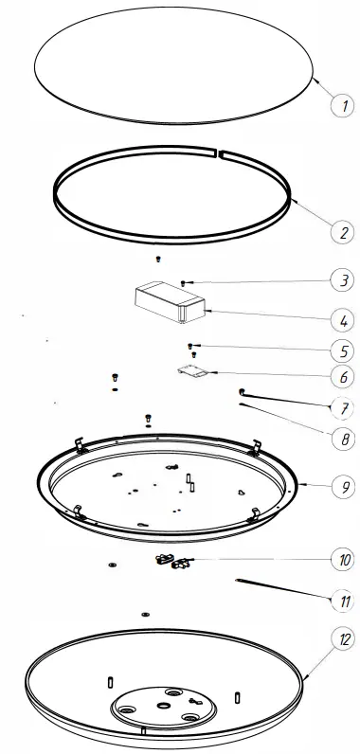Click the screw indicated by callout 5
pos(193,346)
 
